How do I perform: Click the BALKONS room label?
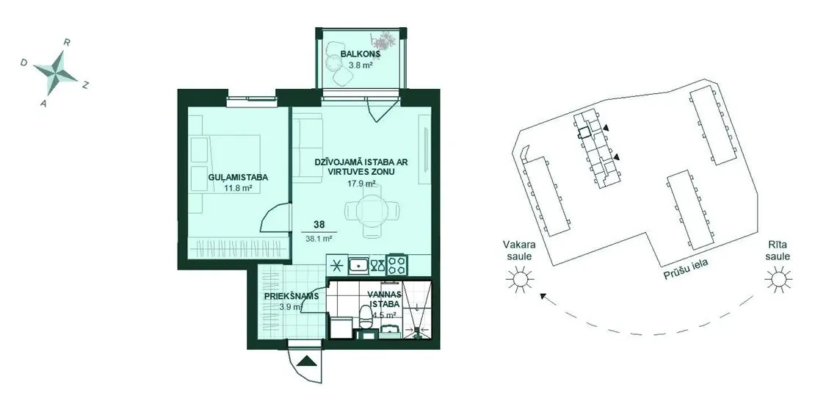pos(361,54)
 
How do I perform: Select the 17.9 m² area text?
pos(361,183)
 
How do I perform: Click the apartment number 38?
pos(319,225)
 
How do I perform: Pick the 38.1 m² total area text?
pos(319,239)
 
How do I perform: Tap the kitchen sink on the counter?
pos(358,266)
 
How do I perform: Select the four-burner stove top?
pos(397,264)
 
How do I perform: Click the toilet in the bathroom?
pos(366,317)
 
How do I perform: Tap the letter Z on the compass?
pos(86,85)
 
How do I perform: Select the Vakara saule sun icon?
pos(520,280)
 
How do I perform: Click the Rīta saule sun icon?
pos(778,280)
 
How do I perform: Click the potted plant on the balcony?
pos(385,39)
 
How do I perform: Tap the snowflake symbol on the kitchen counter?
pos(336,266)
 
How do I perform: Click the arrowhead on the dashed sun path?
pos(543,296)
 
